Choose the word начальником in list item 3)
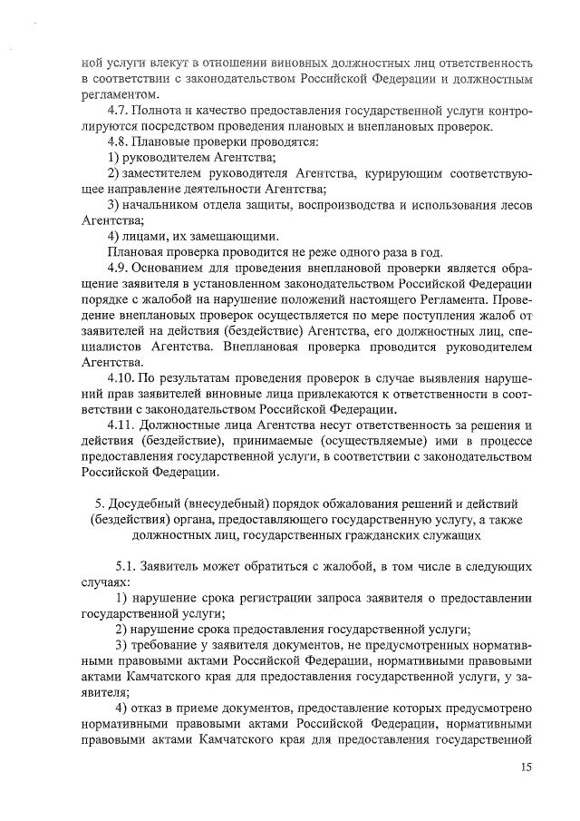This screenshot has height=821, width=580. point(159,205)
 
